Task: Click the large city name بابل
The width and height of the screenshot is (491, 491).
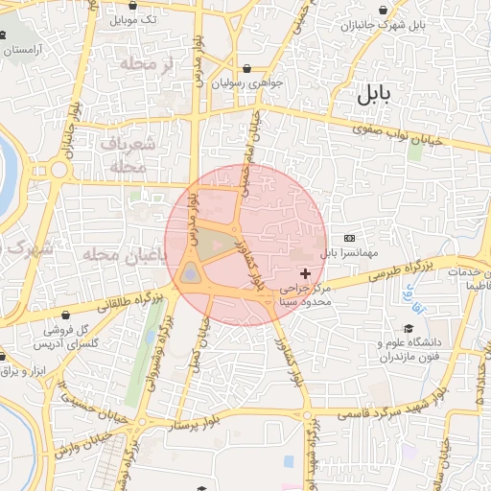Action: click(x=375, y=94)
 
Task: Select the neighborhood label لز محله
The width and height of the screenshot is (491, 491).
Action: click(x=145, y=64)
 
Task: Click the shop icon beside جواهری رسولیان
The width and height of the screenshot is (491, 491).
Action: click(x=249, y=69)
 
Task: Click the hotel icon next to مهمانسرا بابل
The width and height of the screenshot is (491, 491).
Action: click(x=348, y=237)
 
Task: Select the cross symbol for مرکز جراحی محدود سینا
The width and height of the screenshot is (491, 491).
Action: click(x=306, y=274)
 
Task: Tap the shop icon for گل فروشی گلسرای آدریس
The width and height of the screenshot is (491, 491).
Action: click(x=65, y=315)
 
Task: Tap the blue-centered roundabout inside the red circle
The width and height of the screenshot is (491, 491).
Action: click(x=190, y=276)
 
